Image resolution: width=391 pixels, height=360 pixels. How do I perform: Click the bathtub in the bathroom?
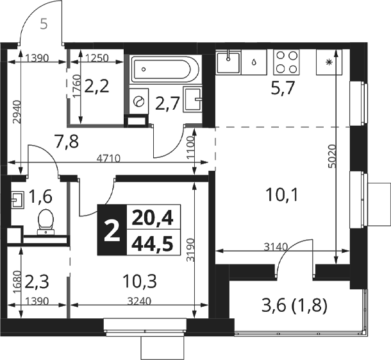tap(165, 69)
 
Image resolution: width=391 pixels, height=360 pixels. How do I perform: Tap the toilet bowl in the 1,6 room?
tap(46, 222)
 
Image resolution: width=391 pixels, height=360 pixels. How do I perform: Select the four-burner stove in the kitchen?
tap(287, 62)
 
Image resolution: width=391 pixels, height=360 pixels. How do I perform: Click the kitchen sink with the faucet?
tap(228, 62)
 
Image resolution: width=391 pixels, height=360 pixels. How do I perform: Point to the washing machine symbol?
tap(138, 101)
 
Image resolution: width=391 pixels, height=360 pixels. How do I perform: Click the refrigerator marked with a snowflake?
tap(329, 62)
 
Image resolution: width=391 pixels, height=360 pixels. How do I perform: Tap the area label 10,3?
tap(140, 281)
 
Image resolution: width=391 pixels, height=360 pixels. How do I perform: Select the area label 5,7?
tap(283, 89)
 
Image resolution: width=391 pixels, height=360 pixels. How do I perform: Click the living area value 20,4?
tap(153, 218)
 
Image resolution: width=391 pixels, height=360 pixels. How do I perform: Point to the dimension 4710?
tap(108, 159)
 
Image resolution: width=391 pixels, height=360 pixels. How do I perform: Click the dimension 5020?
tap(333, 156)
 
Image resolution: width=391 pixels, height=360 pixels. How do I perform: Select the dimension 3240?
tap(139, 302)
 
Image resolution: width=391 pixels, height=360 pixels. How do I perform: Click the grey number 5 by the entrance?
tap(44, 25)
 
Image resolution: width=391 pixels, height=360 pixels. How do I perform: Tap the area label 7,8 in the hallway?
tap(67, 141)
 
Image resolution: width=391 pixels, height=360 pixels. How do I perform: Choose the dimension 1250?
tap(97, 58)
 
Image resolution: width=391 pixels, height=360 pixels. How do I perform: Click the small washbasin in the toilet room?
tap(17, 200)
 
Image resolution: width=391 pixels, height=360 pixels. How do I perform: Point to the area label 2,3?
tap(37, 281)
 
